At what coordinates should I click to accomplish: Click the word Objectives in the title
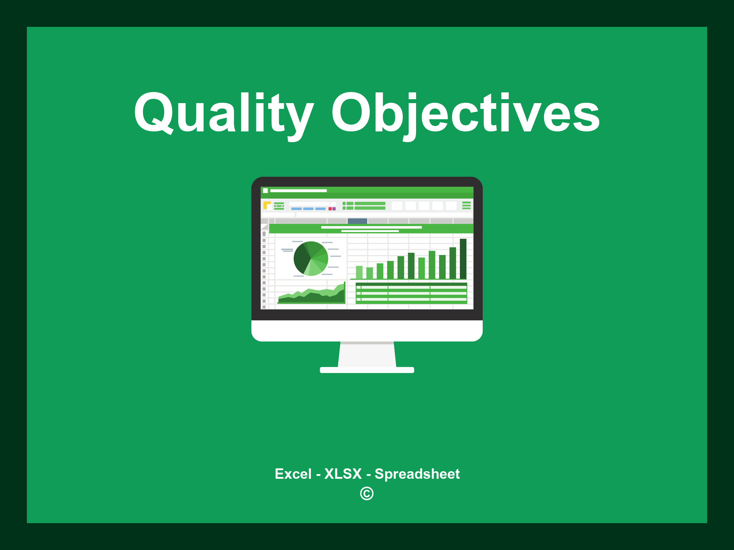[466, 114]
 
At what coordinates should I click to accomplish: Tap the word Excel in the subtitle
[293, 474]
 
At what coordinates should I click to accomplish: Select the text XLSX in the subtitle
[343, 474]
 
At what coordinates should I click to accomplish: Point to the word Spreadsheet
[417, 474]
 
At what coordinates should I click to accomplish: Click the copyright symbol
[367, 493]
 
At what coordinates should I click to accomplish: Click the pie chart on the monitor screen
[311, 259]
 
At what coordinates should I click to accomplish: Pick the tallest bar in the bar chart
[463, 259]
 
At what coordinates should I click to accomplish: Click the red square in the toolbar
[330, 209]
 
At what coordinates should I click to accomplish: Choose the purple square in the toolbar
[334, 209]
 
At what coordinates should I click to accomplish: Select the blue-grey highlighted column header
[357, 221]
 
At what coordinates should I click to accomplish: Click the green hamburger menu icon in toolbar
[466, 205]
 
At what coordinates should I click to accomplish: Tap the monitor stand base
[367, 370]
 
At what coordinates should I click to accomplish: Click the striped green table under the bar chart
[411, 293]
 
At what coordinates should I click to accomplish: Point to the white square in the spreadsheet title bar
[265, 190]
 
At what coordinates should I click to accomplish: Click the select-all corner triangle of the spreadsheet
[265, 227]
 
